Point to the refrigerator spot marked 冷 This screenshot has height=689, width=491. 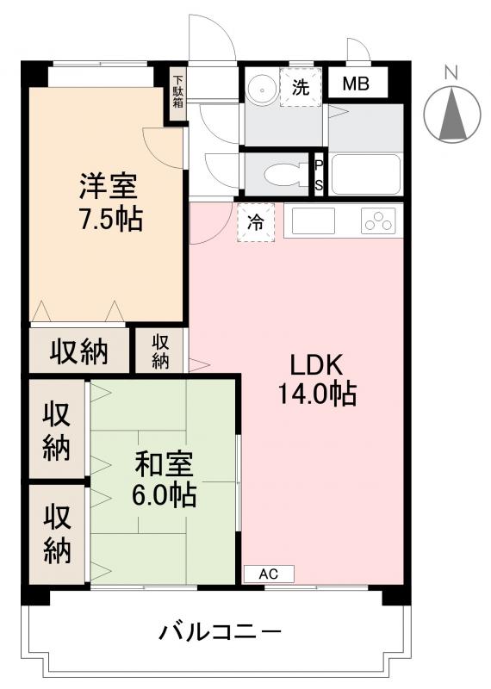(256, 222)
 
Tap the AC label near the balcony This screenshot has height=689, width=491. (269, 574)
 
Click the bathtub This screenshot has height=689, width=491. (365, 175)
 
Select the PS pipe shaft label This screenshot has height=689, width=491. (319, 175)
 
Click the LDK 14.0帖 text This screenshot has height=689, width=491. (316, 380)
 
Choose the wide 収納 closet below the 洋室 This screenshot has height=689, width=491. (78, 351)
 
